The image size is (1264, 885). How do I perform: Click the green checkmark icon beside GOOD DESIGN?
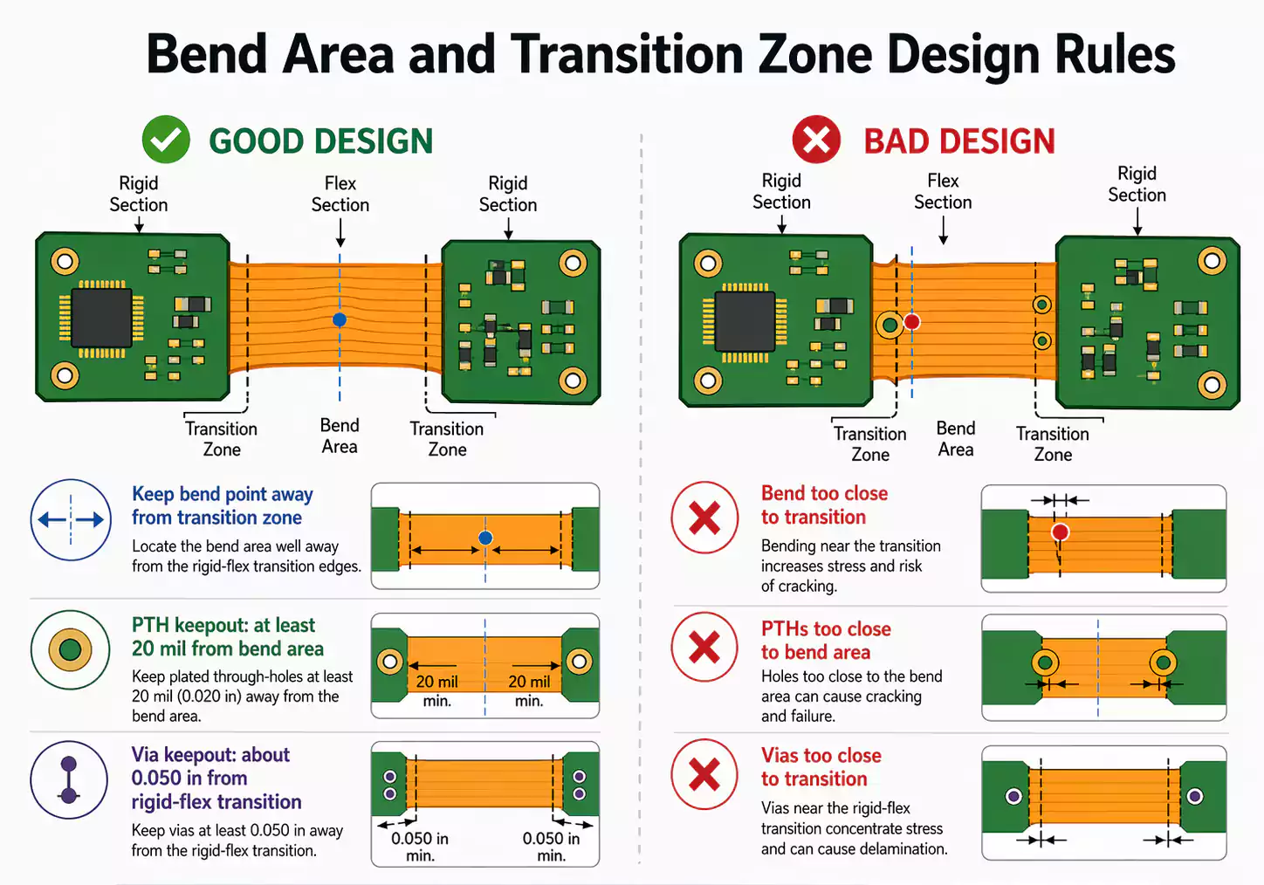tap(166, 140)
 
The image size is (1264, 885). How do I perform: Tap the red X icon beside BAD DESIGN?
tap(816, 140)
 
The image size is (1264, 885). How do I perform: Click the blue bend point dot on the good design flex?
tap(340, 319)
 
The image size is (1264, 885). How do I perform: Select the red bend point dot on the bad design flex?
tap(912, 321)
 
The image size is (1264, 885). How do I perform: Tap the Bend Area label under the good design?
tap(340, 436)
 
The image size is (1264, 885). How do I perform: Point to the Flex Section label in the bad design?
tap(943, 191)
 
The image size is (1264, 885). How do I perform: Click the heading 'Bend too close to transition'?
tap(824, 505)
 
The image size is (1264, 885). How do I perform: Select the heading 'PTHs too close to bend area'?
tap(826, 641)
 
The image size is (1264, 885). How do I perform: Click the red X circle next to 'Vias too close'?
tap(704, 774)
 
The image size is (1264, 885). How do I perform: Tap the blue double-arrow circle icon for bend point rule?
tap(71, 519)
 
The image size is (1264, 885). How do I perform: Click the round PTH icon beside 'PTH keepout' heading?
tap(70, 649)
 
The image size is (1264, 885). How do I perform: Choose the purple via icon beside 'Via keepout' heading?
tap(69, 779)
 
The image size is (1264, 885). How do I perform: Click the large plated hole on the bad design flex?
tap(890, 326)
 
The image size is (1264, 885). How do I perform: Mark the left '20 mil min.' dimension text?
tap(436, 690)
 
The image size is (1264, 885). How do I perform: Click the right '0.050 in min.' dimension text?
tap(551, 847)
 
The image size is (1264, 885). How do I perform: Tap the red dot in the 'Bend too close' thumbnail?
tap(1060, 532)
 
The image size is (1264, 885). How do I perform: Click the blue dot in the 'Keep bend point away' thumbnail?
tap(485, 538)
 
